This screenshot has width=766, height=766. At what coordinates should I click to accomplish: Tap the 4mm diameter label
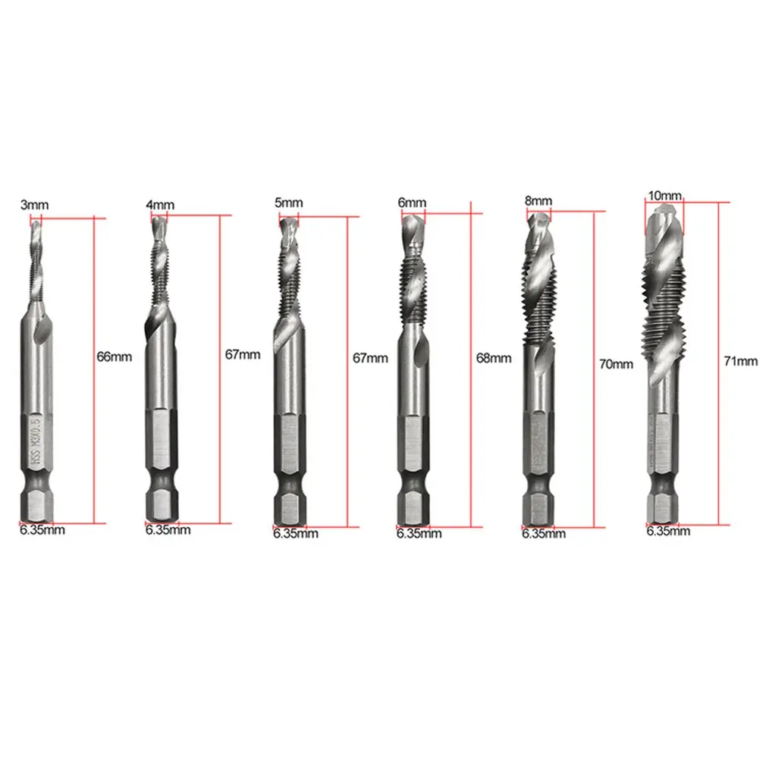[160, 205]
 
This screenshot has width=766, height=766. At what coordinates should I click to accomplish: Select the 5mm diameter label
[289, 202]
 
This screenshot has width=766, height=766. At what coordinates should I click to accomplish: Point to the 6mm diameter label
[412, 202]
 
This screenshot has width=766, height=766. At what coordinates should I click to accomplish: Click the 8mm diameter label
[538, 201]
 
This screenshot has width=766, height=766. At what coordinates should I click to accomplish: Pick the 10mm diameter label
[665, 196]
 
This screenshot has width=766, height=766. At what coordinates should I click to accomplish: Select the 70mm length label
[616, 364]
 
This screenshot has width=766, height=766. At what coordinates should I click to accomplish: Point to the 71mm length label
[741, 362]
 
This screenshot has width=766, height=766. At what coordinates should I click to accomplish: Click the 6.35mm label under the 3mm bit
[42, 530]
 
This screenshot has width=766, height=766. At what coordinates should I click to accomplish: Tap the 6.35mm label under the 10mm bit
[668, 531]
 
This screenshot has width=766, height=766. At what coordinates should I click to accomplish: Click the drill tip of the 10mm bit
[665, 216]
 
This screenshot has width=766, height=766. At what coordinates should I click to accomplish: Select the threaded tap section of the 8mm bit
[539, 303]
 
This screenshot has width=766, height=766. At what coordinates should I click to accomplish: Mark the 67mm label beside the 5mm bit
[370, 358]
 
